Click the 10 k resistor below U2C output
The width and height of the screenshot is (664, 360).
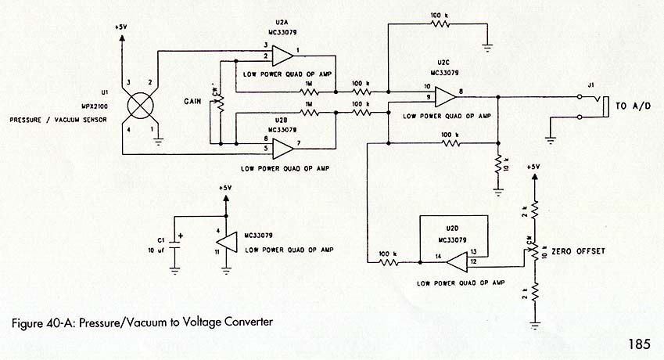[497, 166]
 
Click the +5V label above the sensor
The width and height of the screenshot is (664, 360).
[120, 27]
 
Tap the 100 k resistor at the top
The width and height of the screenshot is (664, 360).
[440, 23]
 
